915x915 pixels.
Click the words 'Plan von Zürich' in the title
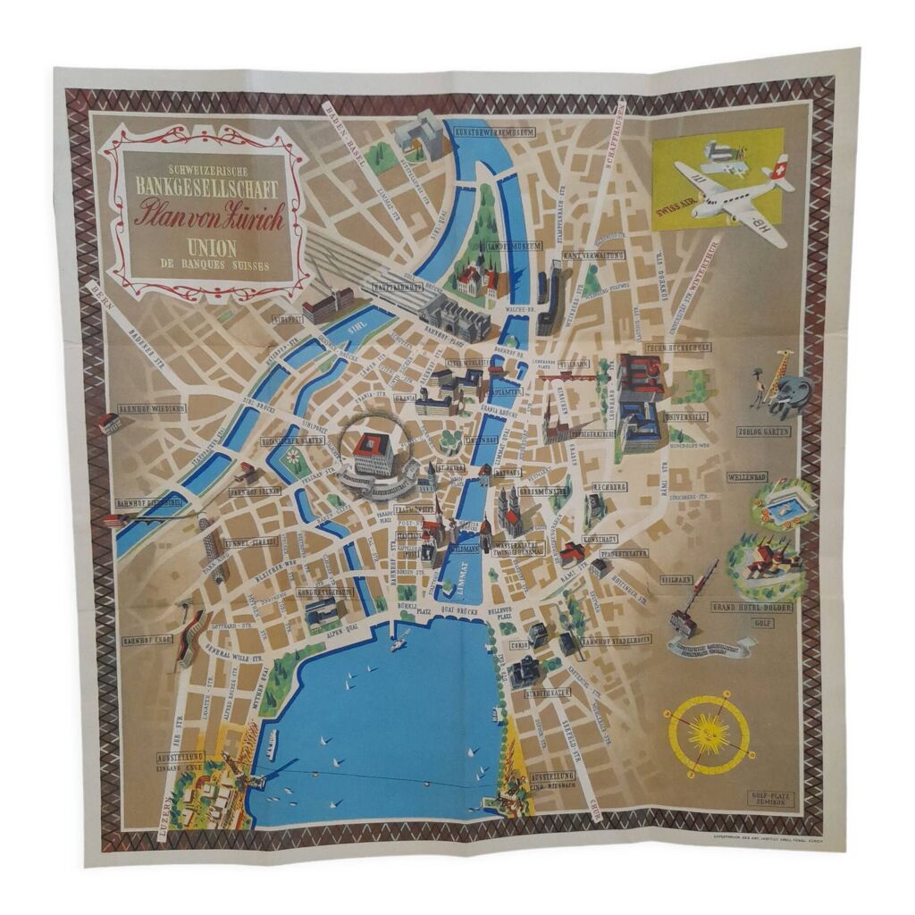[209, 215]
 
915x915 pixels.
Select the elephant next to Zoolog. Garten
[794, 394]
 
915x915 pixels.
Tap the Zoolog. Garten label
[762, 431]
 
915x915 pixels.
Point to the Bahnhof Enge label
[147, 640]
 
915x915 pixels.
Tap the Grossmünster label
[544, 491]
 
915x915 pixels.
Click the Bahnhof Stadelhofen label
[616, 640]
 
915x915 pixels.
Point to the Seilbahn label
[676, 579]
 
